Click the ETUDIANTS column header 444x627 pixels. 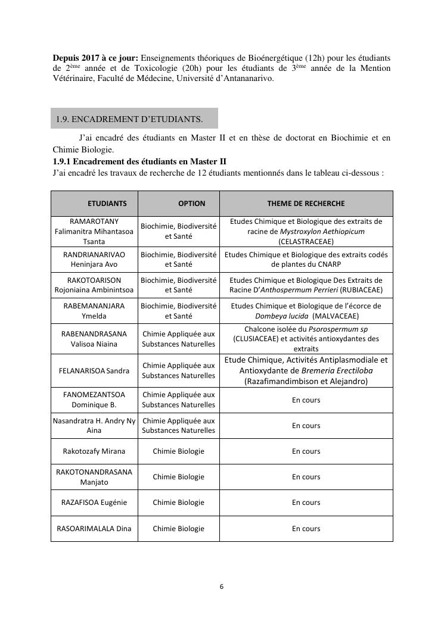click(107, 204)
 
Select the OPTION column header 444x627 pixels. click(191, 204)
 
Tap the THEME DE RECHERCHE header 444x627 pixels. click(306, 204)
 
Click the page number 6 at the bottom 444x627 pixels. click(222, 587)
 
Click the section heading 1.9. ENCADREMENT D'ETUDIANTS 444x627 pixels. click(129, 119)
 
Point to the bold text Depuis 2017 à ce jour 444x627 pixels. click(95, 58)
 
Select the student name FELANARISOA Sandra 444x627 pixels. click(94, 370)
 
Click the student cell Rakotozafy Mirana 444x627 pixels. click(94, 451)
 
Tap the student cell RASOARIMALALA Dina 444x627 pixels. click(94, 529)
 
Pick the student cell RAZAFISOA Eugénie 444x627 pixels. click(94, 503)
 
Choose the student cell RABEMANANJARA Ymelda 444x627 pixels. click(94, 311)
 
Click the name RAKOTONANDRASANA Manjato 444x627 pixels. click(94, 477)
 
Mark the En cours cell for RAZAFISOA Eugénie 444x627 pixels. click(306, 503)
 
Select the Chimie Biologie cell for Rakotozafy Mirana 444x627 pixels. click(178, 451)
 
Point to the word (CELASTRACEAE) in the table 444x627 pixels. click(306, 241)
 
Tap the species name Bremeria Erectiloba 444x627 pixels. click(339, 370)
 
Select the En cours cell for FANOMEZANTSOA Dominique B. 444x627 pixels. click(306, 400)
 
